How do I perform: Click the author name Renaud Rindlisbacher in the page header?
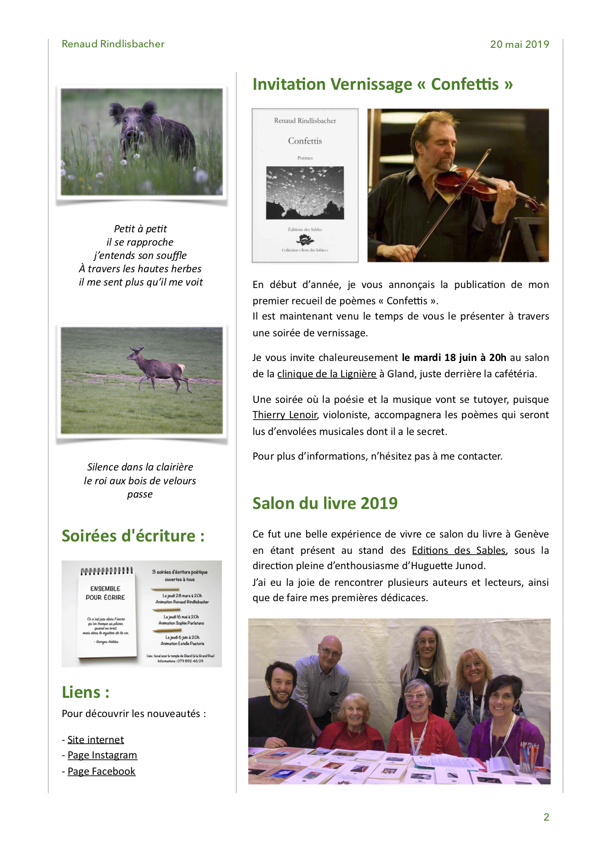[113, 44]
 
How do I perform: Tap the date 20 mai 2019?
[519, 44]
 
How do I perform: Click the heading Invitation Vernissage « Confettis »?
[383, 84]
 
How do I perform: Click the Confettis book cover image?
[305, 185]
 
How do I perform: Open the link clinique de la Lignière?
[326, 374]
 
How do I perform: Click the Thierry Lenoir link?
[285, 415]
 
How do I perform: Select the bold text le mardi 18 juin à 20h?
[454, 358]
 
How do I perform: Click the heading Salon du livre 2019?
[325, 503]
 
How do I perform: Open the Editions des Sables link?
[459, 550]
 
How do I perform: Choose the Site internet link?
[96, 740]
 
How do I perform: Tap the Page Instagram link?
[102, 756]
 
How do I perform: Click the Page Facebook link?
[101, 771]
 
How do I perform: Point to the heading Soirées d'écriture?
[133, 536]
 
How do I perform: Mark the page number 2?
[546, 817]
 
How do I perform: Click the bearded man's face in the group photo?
[281, 683]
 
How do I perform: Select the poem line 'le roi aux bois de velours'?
[140, 481]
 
